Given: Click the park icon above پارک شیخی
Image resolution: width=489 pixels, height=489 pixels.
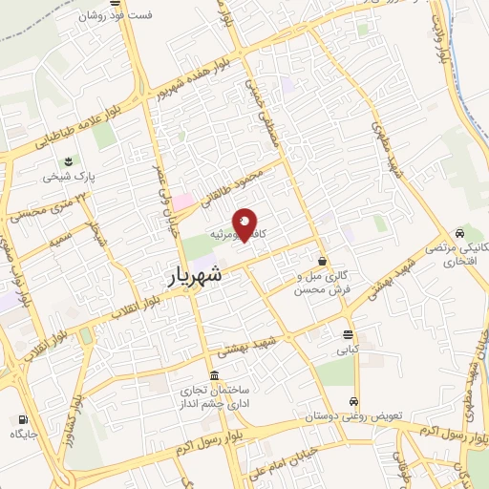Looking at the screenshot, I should (68, 160).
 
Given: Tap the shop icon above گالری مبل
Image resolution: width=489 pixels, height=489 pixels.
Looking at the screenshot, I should (323, 260).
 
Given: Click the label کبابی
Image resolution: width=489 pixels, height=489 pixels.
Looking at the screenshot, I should (345, 351).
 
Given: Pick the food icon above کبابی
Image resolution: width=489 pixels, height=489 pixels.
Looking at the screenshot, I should (347, 334).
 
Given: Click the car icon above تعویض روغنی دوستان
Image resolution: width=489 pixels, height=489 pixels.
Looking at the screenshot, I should (354, 401).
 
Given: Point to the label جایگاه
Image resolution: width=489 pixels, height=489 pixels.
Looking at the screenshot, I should (23, 435).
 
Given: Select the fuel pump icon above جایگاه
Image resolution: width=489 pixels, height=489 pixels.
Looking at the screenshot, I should (22, 418).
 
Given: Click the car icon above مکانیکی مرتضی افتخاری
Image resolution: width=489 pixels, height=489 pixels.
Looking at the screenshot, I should (461, 232).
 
